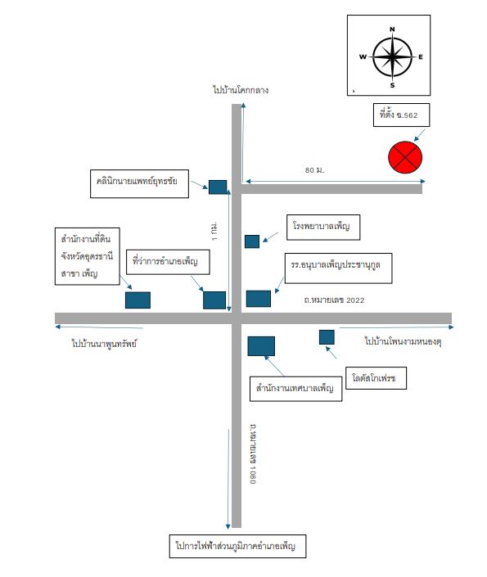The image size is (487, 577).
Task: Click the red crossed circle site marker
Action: pos(405,157)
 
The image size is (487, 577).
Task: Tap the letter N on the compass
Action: pos(392,29)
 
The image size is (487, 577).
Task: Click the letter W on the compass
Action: pos(363,56)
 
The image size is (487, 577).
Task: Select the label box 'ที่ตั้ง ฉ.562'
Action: pos(401,115)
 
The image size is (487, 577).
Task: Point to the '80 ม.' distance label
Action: pos(314,170)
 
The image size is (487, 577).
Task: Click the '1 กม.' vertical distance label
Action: pos(214,231)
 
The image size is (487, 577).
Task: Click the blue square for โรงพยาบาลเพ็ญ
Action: pos(252,241)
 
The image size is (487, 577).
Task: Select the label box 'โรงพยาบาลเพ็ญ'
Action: pos(323,228)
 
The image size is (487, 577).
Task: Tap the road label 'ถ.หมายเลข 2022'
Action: pos(334,300)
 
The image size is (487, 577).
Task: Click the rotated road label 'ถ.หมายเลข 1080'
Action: pos(253,454)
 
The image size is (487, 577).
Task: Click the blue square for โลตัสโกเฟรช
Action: pos(327,337)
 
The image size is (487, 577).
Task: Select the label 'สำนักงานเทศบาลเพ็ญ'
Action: pos(296,389)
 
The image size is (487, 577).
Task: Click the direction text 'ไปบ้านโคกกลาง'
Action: pos(241,90)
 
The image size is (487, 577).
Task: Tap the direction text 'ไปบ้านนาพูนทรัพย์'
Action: pos(104,344)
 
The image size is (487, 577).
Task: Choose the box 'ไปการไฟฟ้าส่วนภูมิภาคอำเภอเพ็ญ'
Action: pos(237,546)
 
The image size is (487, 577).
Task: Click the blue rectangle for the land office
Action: pos(138,300)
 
